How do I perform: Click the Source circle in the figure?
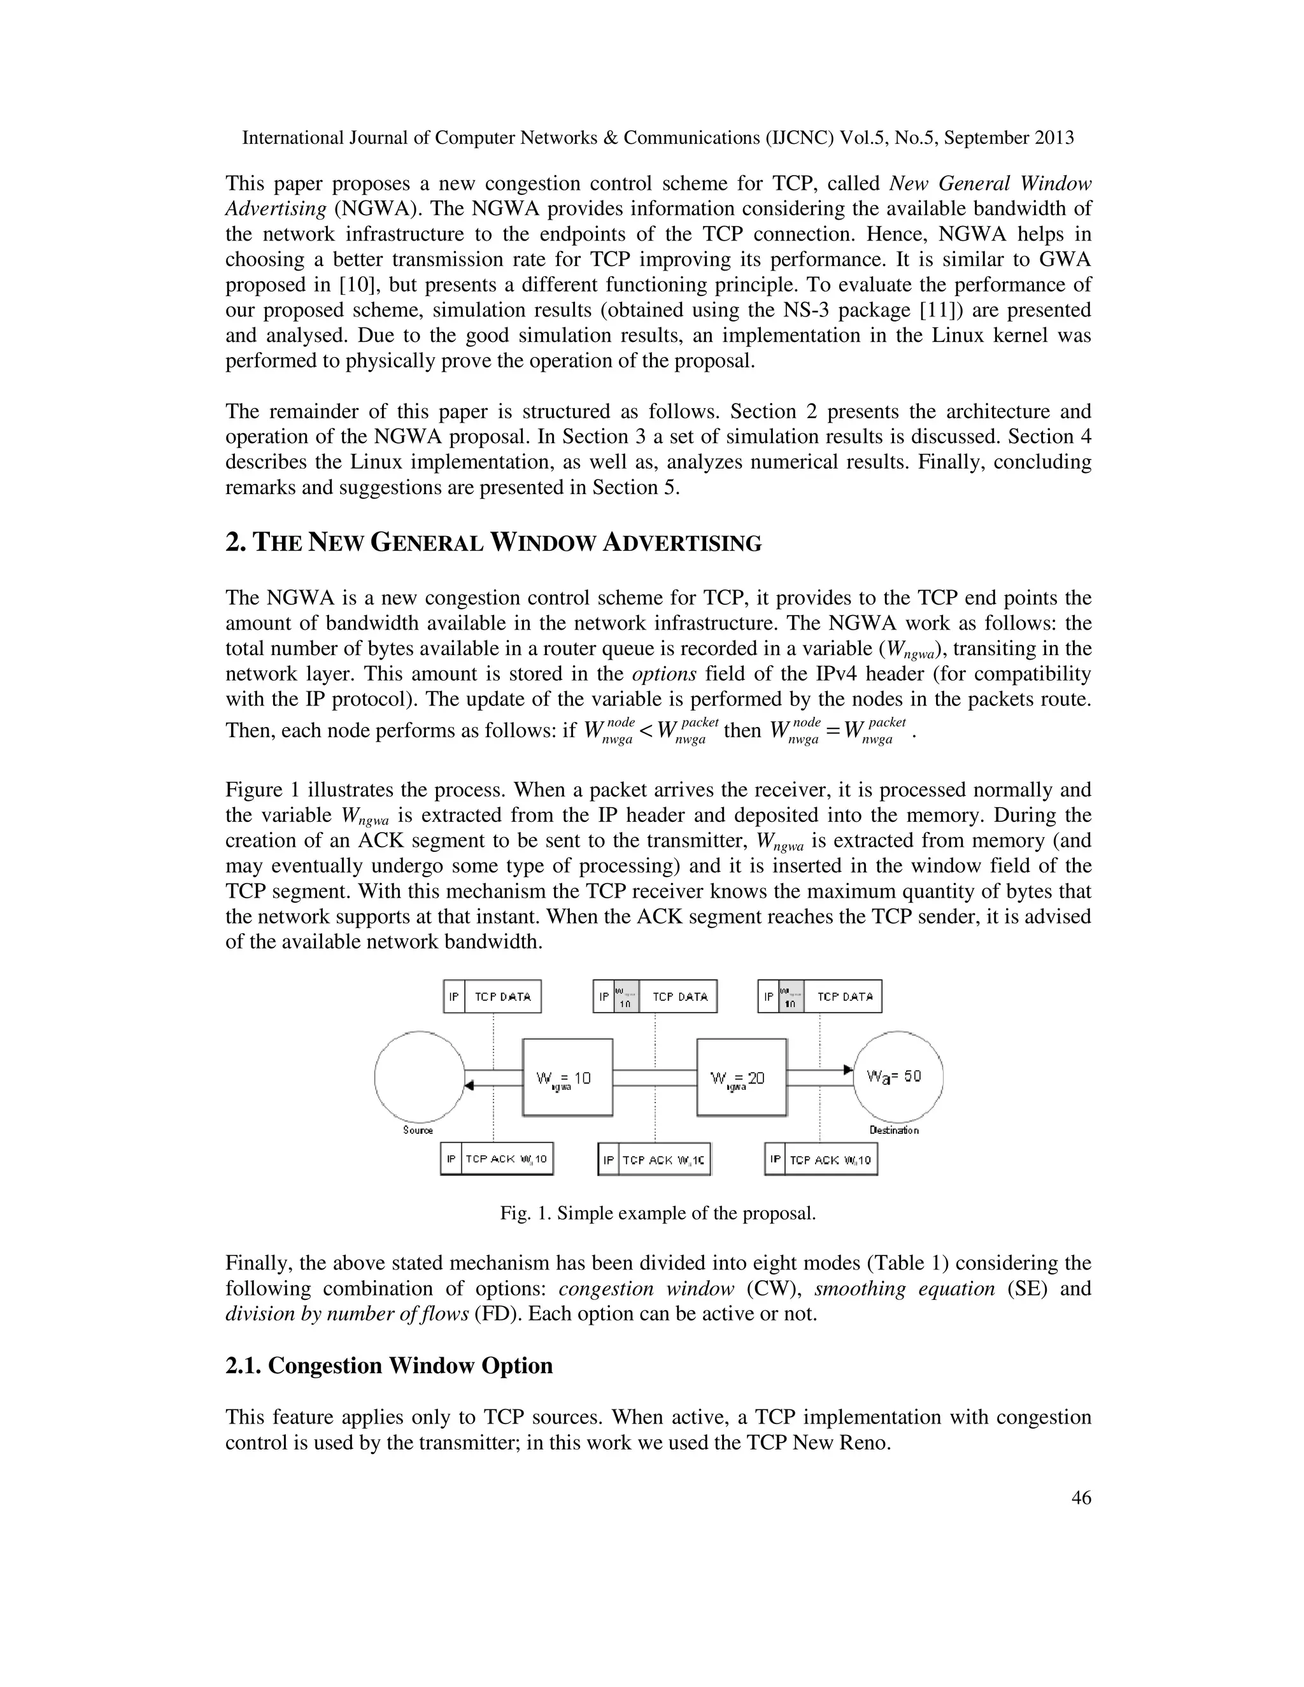(x=420, y=1076)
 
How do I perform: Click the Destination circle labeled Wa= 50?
(x=898, y=1076)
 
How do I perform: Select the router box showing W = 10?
(x=568, y=1076)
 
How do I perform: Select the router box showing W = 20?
(x=742, y=1076)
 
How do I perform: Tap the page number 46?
(x=1081, y=1498)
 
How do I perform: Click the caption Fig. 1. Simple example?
(x=657, y=1213)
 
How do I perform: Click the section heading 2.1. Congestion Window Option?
(x=388, y=1366)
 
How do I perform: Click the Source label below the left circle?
(x=418, y=1130)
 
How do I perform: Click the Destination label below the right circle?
(x=894, y=1130)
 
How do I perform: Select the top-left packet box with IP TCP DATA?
(x=492, y=996)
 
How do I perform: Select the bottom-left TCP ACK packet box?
(x=497, y=1159)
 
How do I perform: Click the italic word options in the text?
(x=664, y=674)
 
